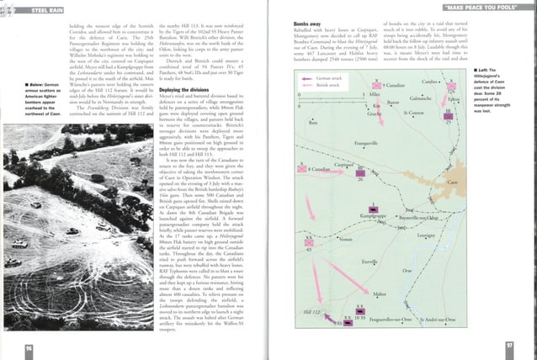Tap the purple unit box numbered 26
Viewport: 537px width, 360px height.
360,172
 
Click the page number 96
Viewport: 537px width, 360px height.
29,347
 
